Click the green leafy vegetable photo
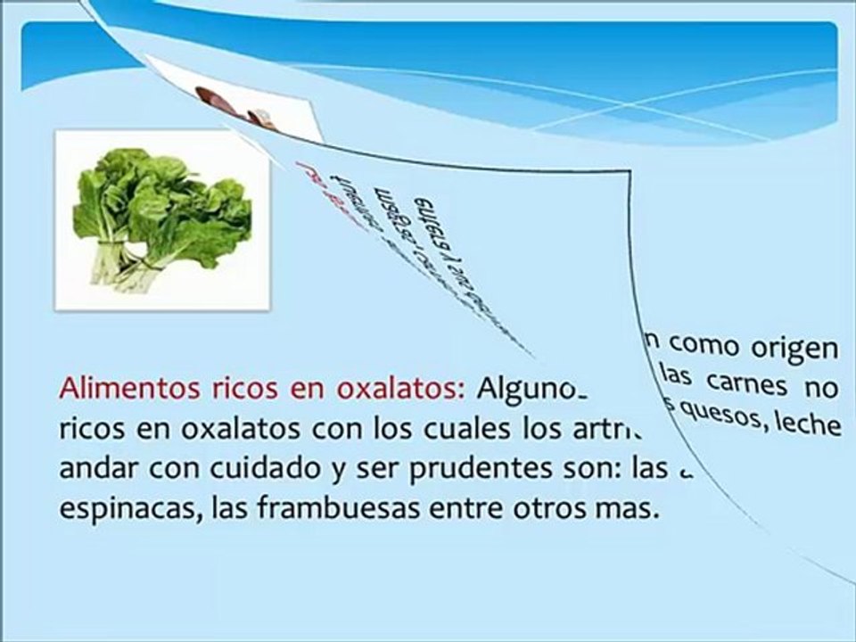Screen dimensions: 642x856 pyautogui.click(x=162, y=218)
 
